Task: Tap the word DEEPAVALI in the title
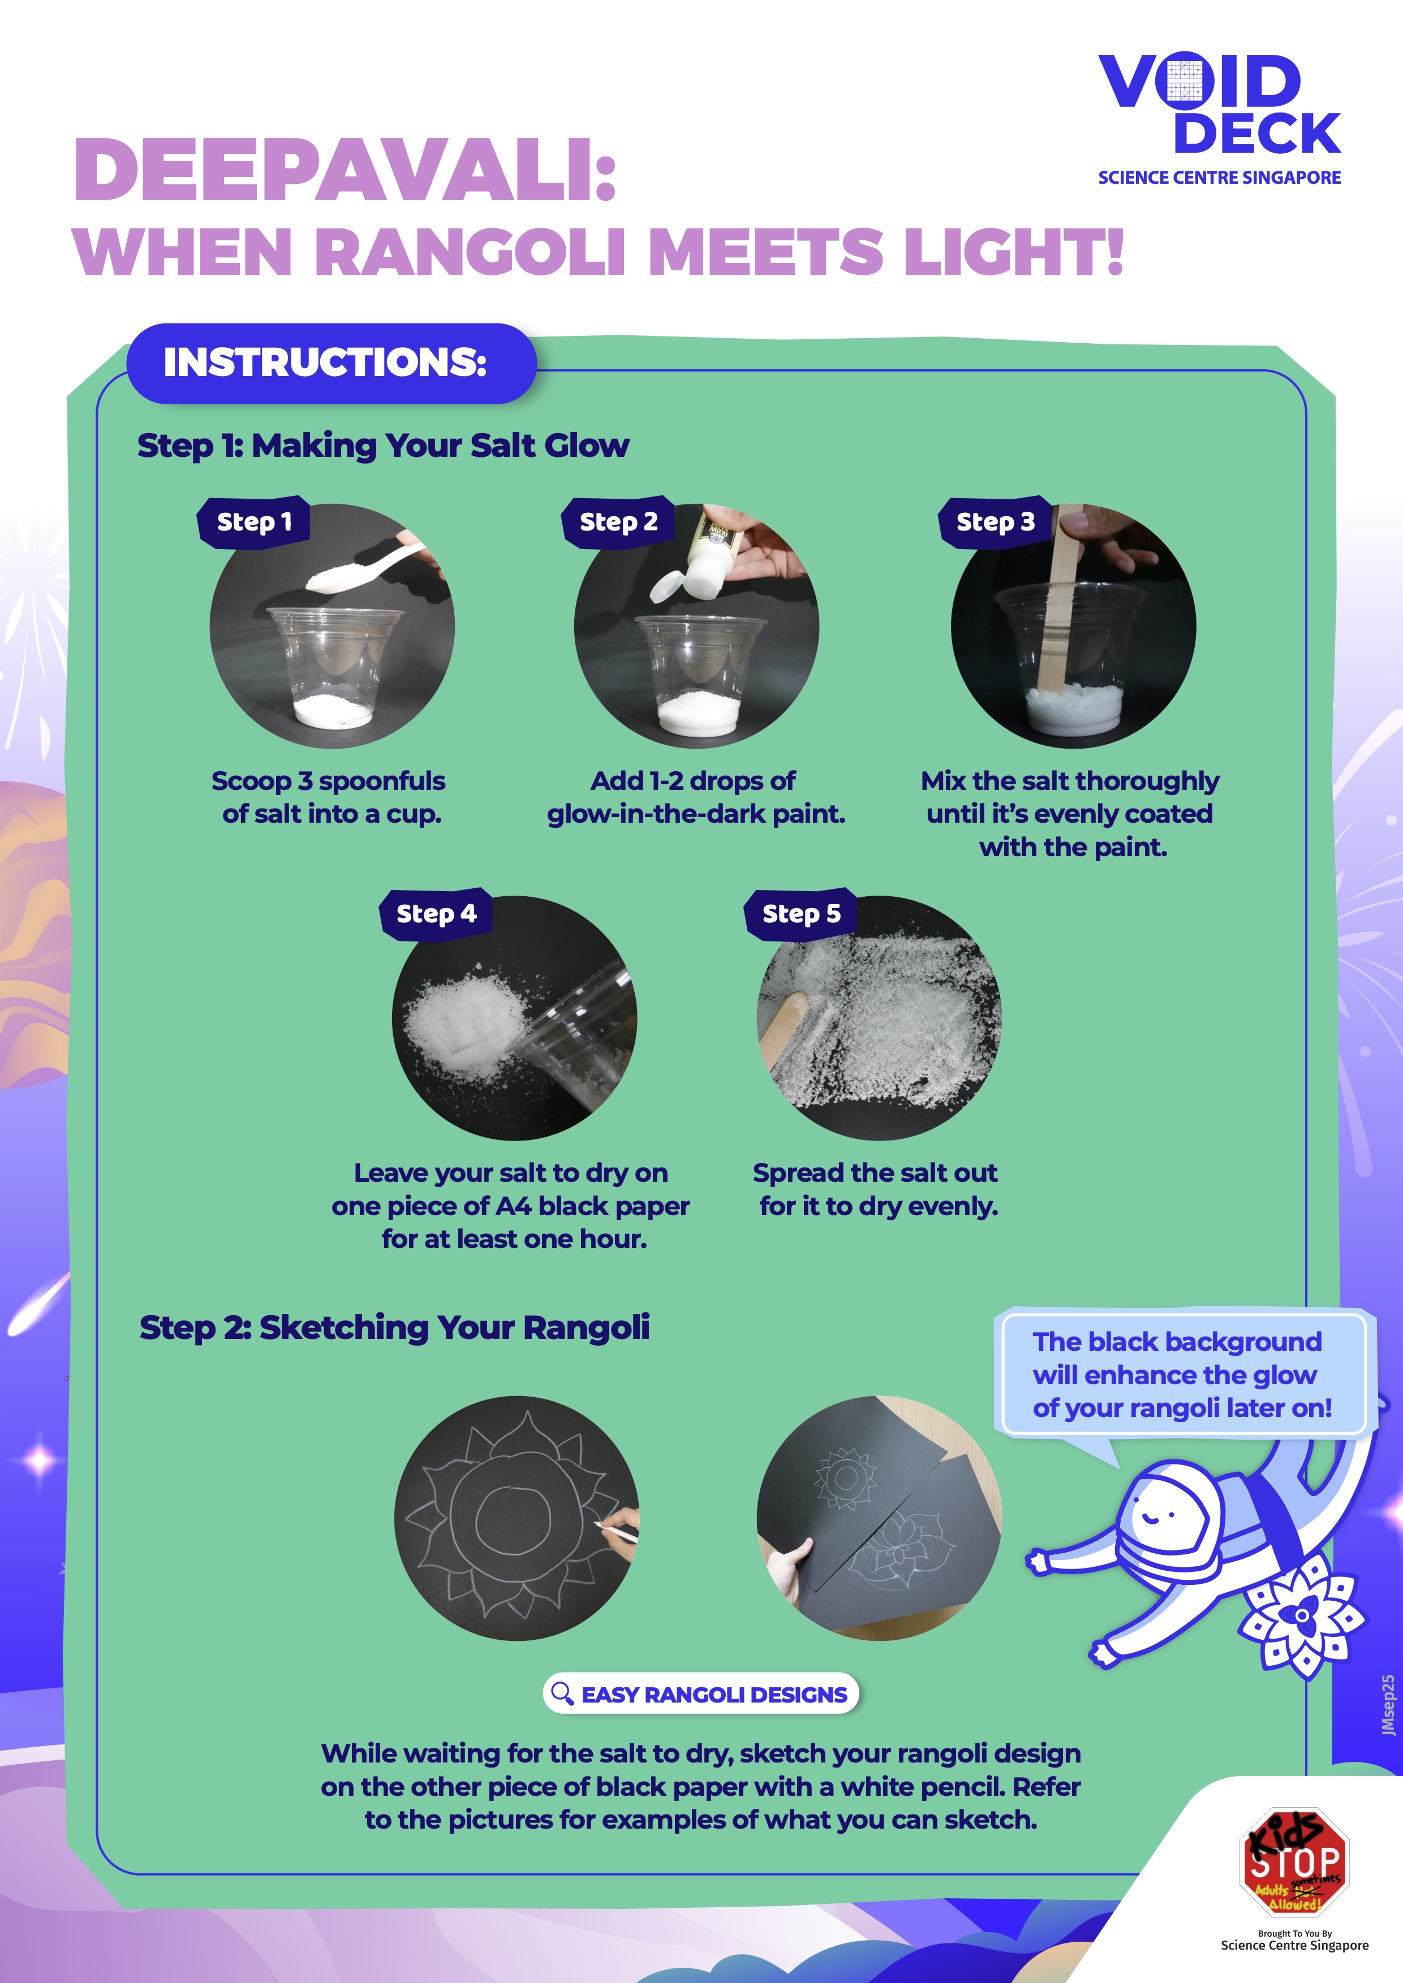[345, 170]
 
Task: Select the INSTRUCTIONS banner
[331, 363]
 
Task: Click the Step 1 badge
[254, 522]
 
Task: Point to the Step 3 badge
[995, 522]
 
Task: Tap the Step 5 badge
[801, 914]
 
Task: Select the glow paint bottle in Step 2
[704, 557]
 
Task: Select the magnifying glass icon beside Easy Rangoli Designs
[562, 1693]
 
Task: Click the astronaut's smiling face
[1157, 1513]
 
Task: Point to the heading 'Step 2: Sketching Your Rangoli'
[394, 1328]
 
